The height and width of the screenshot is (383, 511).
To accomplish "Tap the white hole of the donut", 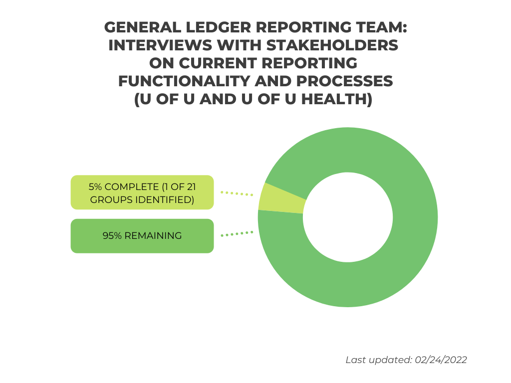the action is [x=348, y=217].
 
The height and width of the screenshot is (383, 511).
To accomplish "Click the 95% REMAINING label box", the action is [x=142, y=236].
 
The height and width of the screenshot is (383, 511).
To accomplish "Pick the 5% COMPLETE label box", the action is [x=142, y=192].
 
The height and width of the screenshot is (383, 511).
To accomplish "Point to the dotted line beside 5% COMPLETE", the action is [x=237, y=193].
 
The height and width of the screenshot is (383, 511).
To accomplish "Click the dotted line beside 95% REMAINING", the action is [x=237, y=234].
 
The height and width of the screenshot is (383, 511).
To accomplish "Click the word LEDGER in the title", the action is [x=219, y=27].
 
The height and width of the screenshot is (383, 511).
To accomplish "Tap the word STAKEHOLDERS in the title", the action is [x=332, y=45].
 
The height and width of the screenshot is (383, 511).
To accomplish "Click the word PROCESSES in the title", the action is [x=344, y=81].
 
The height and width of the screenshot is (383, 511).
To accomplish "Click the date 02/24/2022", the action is [x=441, y=360].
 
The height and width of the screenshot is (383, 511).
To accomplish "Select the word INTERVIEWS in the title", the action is [x=160, y=45].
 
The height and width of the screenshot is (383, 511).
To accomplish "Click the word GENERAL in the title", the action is [x=143, y=27].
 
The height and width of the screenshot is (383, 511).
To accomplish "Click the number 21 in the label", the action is [x=191, y=187].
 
